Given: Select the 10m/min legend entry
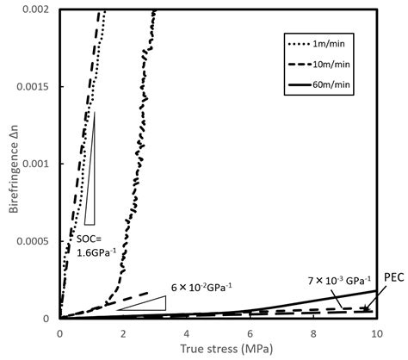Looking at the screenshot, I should (331, 64).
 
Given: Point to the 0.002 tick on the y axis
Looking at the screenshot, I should (40, 9).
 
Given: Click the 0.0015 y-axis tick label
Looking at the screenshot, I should (36, 86).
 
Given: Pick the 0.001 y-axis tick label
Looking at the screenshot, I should (40, 164).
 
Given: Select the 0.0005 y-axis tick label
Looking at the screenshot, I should (36, 241).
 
